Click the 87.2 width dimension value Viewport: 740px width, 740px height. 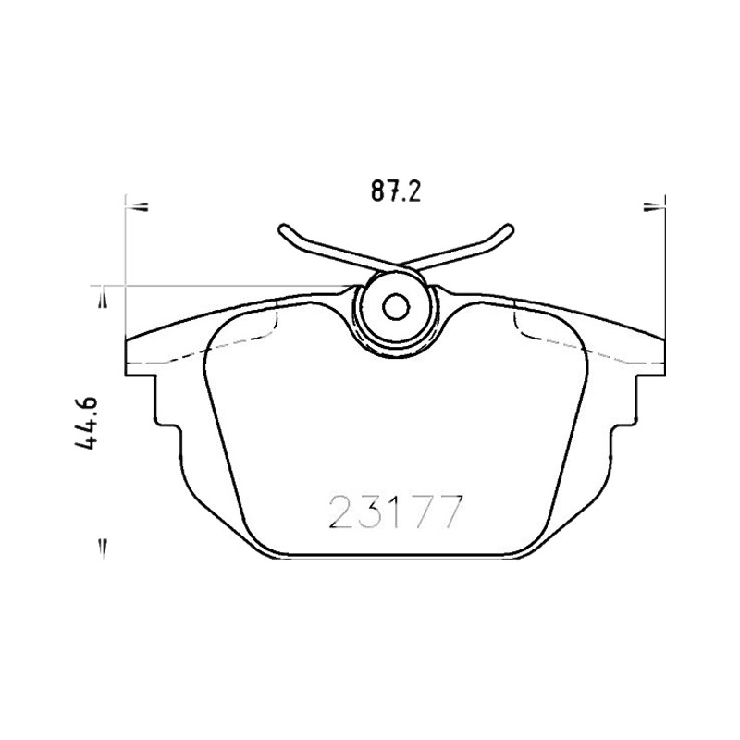tap(395, 191)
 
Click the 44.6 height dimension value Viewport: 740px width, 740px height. tap(86, 423)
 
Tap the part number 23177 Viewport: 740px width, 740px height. tap(394, 512)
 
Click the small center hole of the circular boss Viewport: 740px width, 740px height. tap(396, 308)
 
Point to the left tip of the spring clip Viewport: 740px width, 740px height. tap(282, 228)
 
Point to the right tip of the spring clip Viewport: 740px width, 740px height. tap(509, 228)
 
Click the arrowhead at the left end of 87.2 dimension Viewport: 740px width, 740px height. tap(137, 206)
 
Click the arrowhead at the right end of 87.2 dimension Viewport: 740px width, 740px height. tap(654, 206)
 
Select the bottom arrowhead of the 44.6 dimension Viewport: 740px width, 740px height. tap(104, 549)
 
